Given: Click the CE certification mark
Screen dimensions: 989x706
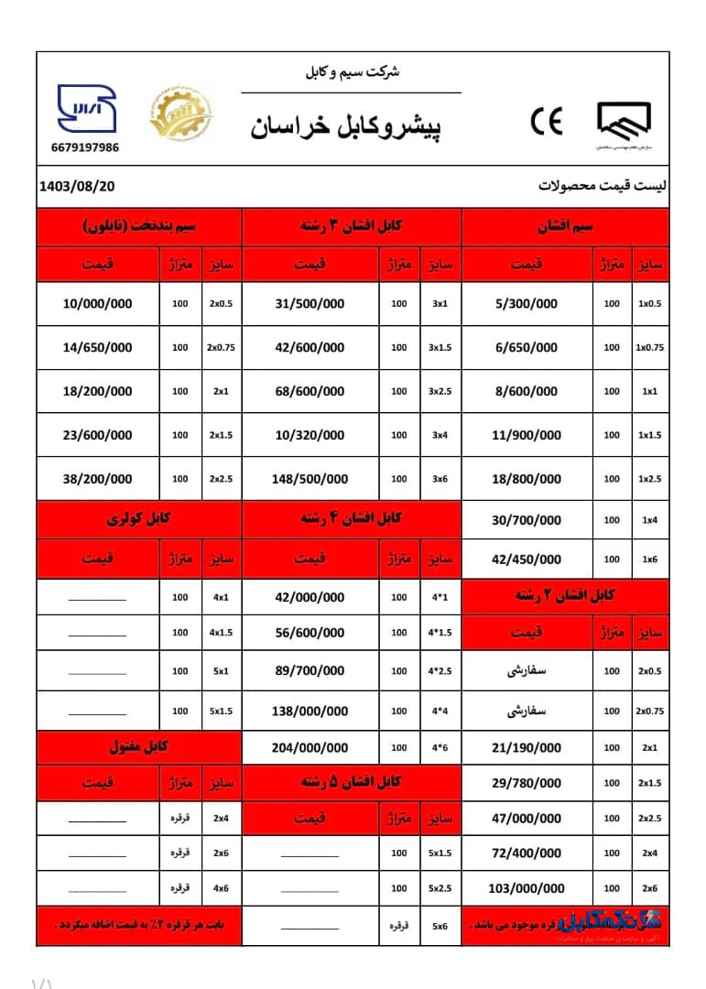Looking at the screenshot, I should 547,122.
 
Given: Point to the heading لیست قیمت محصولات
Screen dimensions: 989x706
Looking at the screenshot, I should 603,186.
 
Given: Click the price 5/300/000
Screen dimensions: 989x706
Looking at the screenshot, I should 525,304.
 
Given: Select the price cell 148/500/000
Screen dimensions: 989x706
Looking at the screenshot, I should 310,479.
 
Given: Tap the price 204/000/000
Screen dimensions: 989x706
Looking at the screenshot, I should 310,747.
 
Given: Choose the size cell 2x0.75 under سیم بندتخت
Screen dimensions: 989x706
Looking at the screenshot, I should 222,348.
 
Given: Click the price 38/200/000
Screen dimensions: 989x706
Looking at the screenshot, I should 98,479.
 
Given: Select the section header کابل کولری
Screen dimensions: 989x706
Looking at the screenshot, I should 139,518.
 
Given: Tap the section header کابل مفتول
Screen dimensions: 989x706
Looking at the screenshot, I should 139,747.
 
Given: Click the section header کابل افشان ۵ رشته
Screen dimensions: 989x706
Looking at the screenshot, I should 352,783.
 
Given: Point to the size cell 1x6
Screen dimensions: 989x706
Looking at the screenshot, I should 649,560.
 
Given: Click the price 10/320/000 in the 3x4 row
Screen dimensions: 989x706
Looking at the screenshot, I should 310,435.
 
